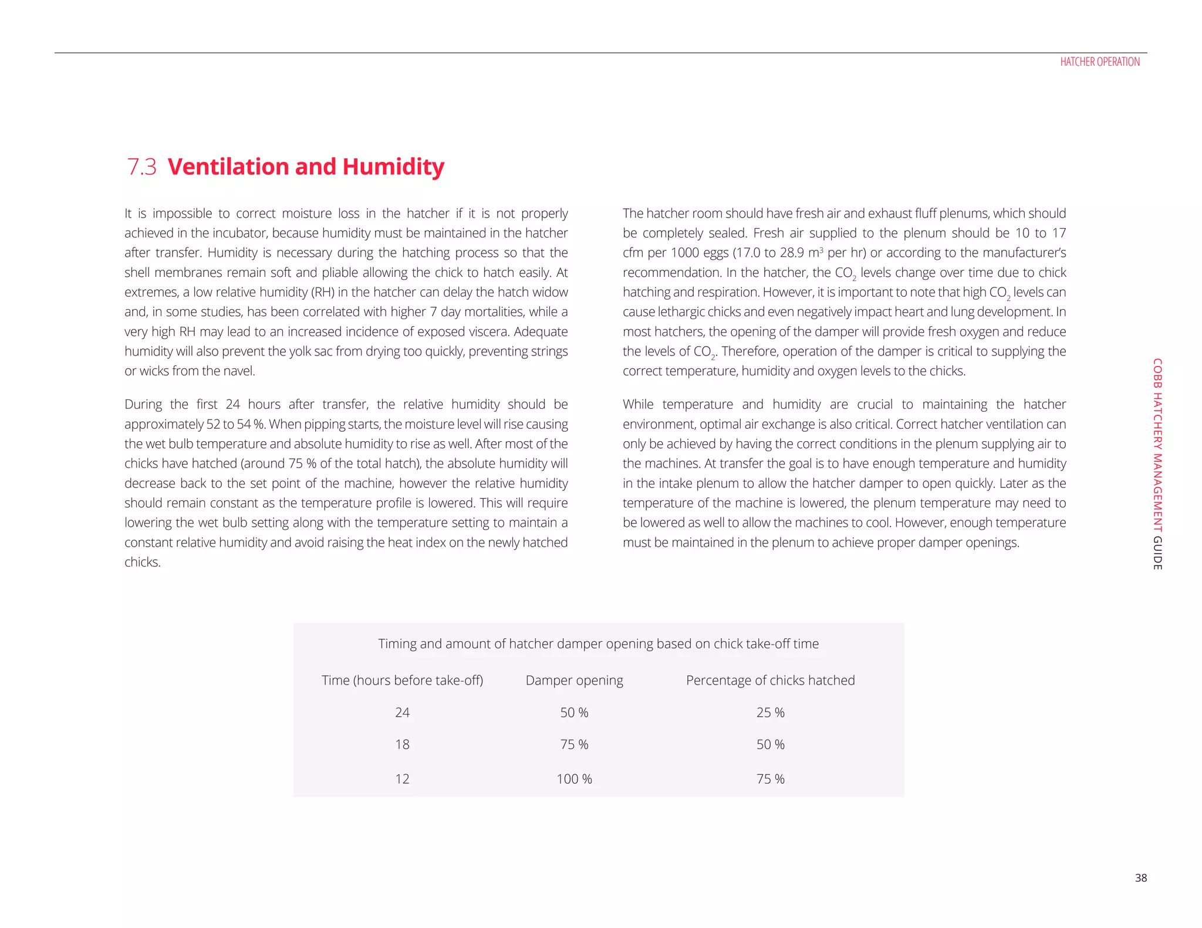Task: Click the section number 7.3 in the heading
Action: [x=142, y=167]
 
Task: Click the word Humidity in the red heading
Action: [x=393, y=167]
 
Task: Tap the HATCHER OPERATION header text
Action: [x=1099, y=62]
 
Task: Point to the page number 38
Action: [x=1140, y=878]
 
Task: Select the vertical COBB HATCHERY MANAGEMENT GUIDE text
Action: [x=1157, y=463]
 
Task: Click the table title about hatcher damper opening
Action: [x=598, y=643]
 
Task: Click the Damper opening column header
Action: [x=574, y=680]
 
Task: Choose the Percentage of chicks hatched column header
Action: [x=770, y=680]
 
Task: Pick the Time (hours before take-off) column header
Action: [x=402, y=680]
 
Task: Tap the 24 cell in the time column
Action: [x=402, y=712]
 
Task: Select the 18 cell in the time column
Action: [x=402, y=744]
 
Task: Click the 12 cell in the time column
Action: [x=402, y=779]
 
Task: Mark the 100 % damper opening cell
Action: [x=574, y=779]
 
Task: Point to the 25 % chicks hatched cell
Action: [x=770, y=712]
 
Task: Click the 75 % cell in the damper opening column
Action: [x=574, y=744]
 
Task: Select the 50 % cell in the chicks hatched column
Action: [x=770, y=744]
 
